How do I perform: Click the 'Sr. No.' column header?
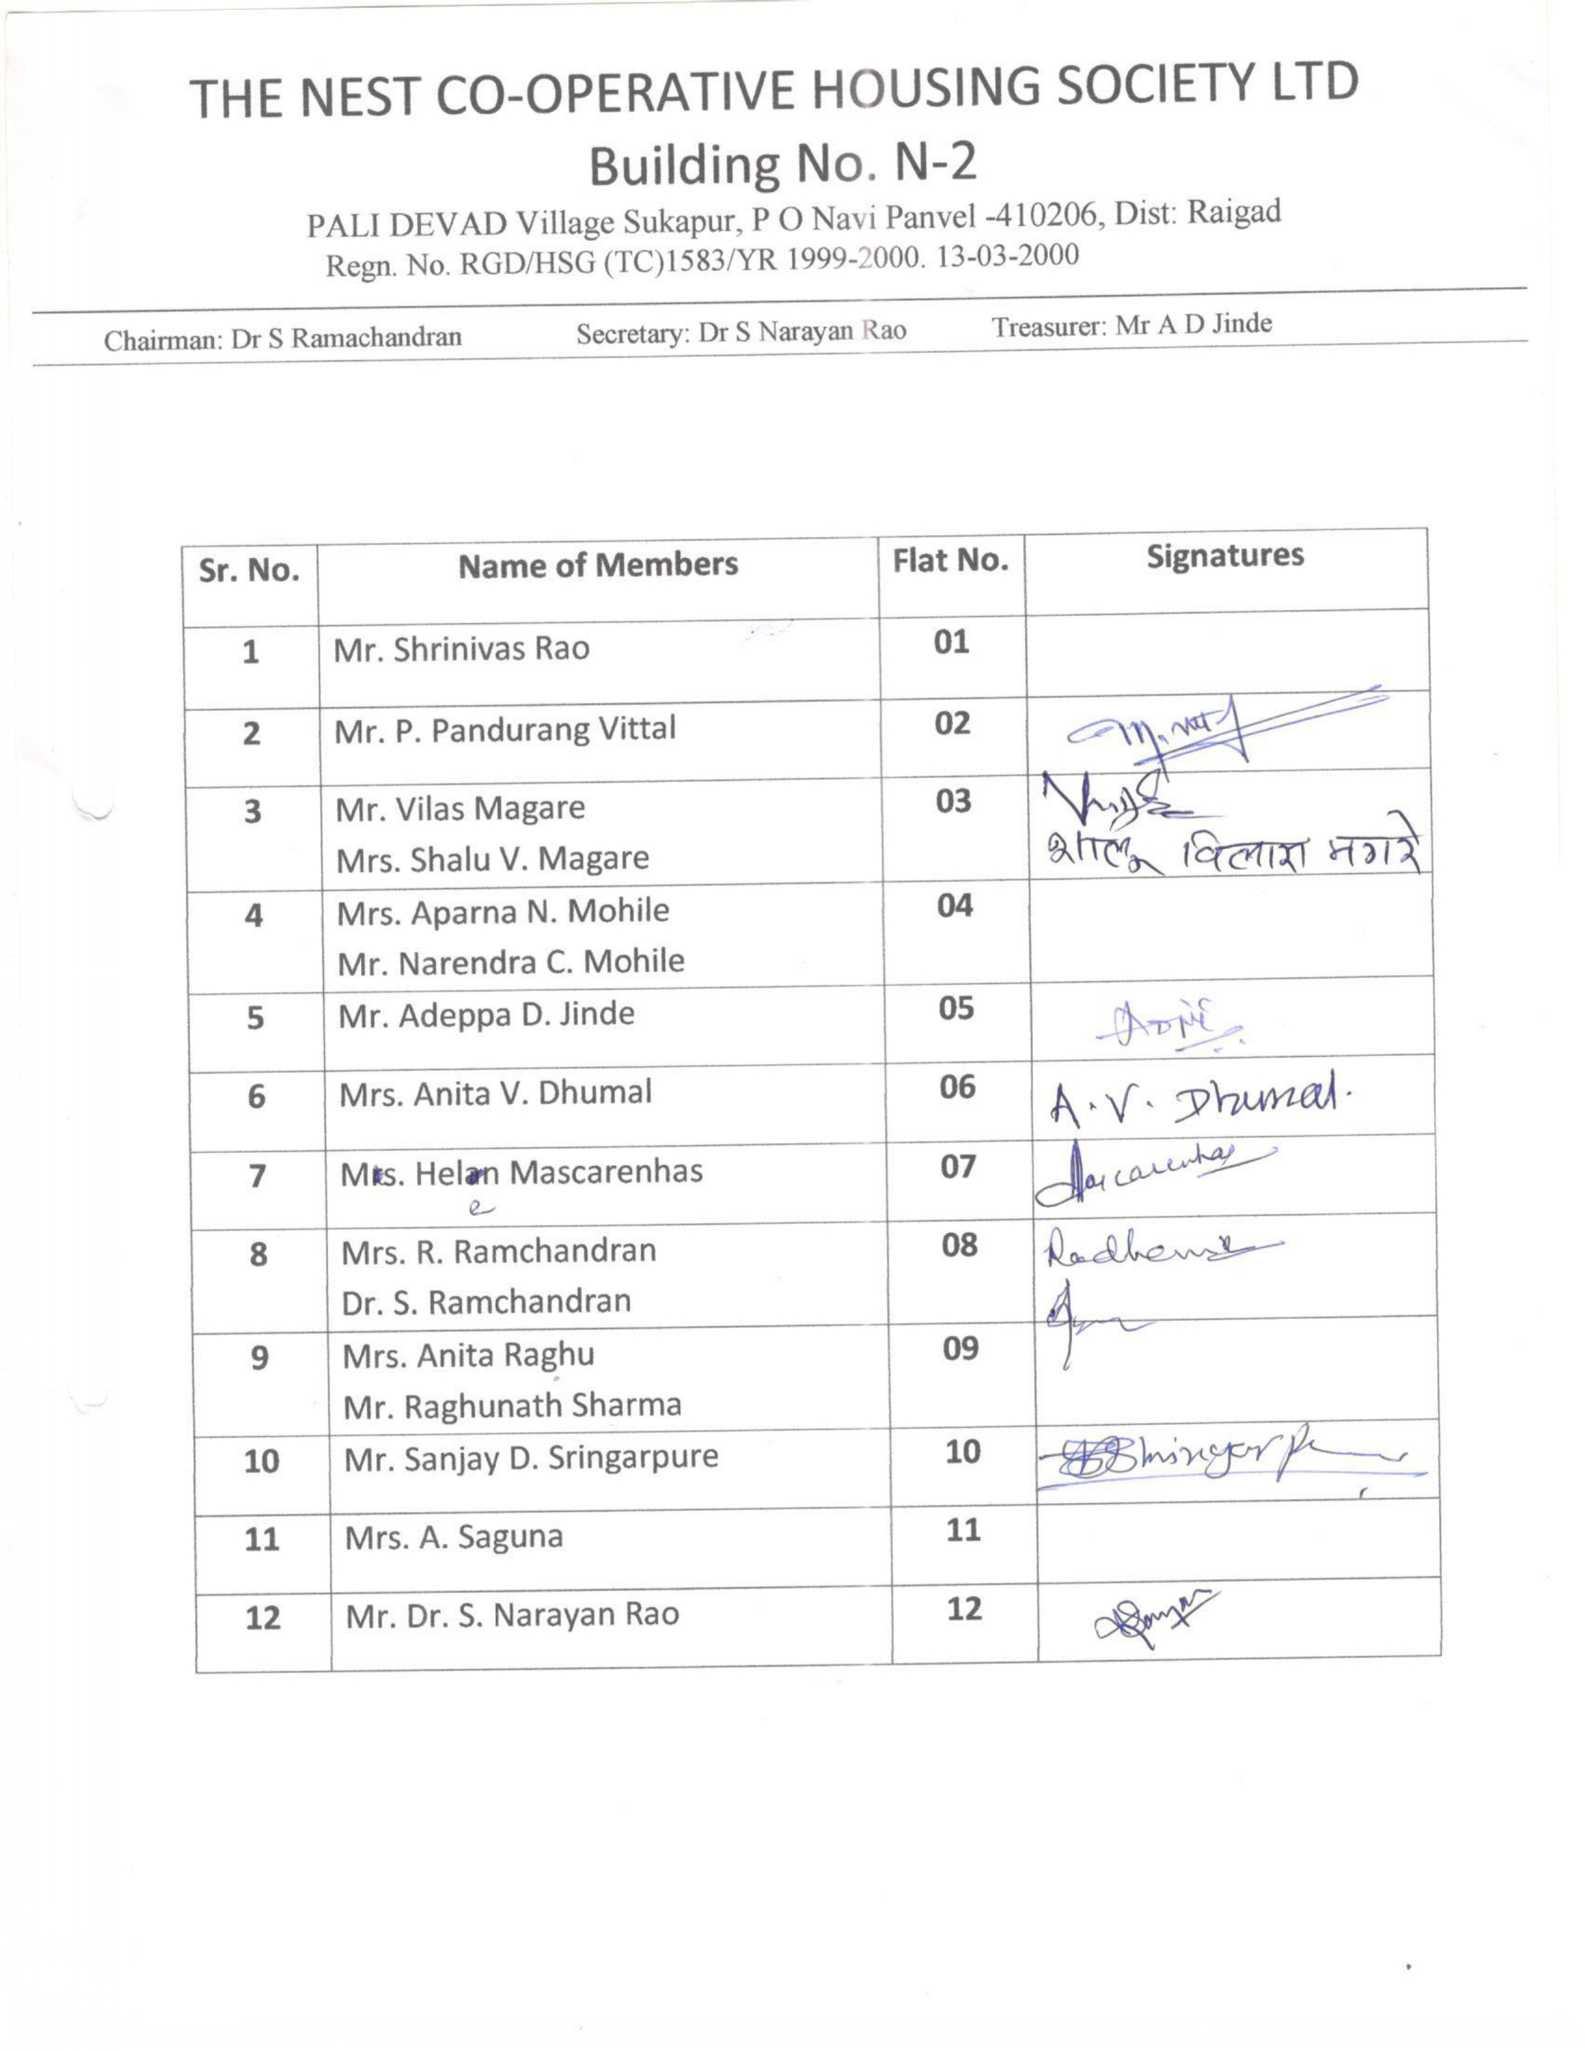(x=249, y=570)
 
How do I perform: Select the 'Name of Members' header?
(x=598, y=564)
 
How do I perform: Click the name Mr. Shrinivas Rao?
(x=461, y=649)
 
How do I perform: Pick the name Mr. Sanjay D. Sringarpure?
(x=531, y=1457)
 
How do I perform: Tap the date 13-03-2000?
(x=1008, y=256)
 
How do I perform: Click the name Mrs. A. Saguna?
(x=454, y=1537)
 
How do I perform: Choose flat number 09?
(x=960, y=1349)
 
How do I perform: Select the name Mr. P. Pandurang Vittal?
(x=504, y=730)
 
